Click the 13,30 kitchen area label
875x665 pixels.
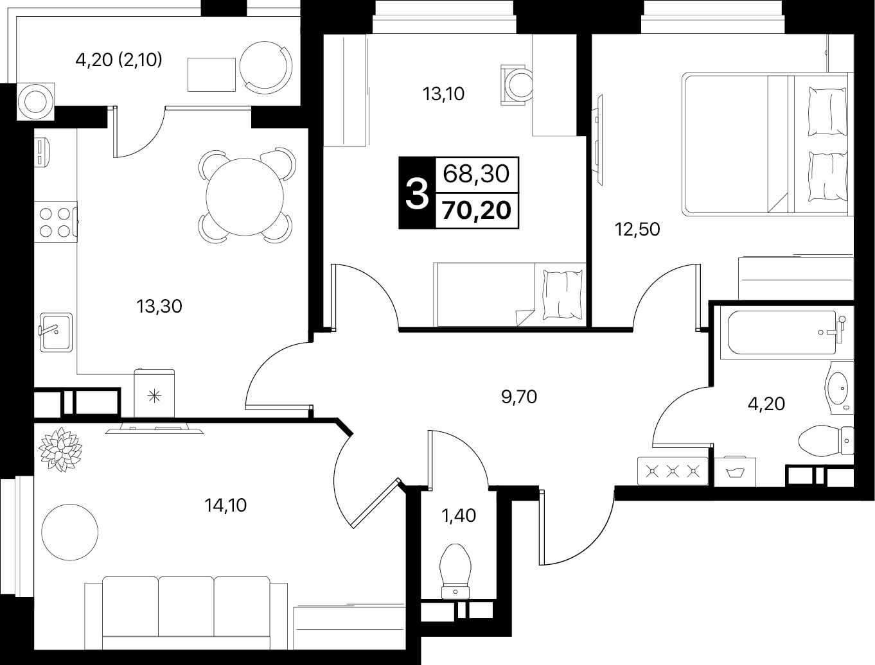tap(159, 307)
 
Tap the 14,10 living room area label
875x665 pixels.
tap(225, 505)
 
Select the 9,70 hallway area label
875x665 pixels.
tap(519, 397)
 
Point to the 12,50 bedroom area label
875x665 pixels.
tap(637, 229)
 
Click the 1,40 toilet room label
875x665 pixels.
tap(459, 515)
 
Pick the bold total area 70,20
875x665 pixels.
tap(477, 211)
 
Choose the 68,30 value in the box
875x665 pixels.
tap(476, 174)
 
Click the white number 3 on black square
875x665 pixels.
tap(417, 193)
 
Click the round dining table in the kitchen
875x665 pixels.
tap(245, 196)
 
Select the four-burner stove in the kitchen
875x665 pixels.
tap(55, 222)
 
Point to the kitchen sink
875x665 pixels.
tap(56, 332)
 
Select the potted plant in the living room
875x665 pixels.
tap(60, 449)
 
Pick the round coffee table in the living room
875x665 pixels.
tap(70, 532)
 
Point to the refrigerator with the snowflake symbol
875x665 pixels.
tap(154, 393)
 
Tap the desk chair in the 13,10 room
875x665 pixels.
tap(517, 85)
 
